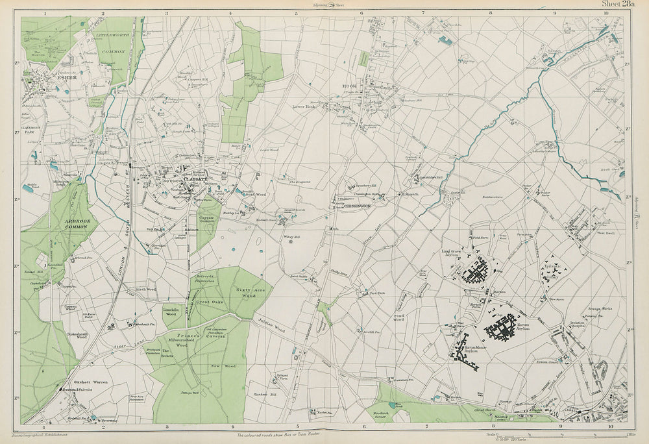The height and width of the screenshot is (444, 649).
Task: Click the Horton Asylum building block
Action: (x=505, y=328)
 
